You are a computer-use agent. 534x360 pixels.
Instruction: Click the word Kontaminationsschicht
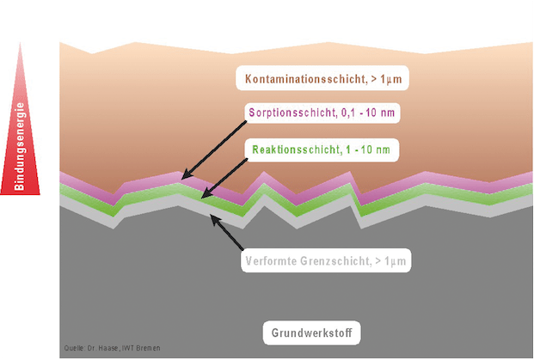[x=305, y=79]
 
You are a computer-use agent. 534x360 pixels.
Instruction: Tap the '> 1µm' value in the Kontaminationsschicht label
[x=387, y=79]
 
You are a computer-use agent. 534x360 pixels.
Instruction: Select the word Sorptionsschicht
[x=292, y=113]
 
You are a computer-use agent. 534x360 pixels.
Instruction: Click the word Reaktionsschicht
[x=296, y=149]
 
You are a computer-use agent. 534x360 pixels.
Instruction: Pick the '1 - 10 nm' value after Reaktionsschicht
[x=368, y=149]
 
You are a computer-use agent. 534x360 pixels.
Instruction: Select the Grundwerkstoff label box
[x=311, y=333]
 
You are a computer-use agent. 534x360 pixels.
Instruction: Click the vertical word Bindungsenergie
[x=20, y=146]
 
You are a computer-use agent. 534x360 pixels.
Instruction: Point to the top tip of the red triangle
[x=20, y=43]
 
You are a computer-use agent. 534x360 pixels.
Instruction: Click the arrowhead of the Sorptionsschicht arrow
[x=186, y=175]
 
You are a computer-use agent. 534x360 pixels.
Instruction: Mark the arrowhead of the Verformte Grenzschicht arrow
[x=215, y=219]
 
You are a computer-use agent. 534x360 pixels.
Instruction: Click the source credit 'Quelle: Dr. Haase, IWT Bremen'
[x=112, y=348]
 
